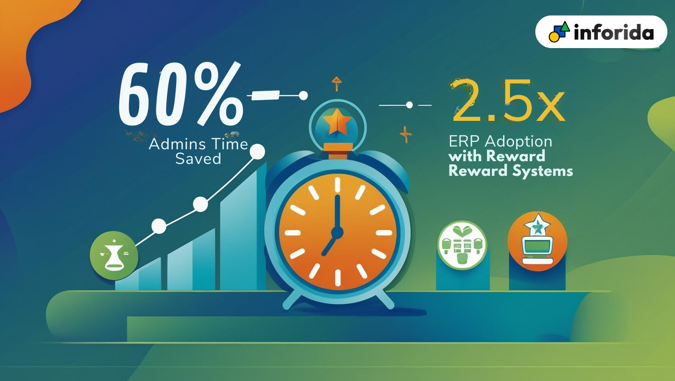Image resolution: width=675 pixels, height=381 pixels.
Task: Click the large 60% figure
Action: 181,94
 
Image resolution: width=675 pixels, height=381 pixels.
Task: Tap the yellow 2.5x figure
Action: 509,101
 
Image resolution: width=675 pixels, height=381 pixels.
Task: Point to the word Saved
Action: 198,158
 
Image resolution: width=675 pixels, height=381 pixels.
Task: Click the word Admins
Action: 177,144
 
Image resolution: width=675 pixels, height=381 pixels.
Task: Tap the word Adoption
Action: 519,142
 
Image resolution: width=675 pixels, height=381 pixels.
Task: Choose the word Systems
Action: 543,172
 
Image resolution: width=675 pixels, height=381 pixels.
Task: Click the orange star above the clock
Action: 337,121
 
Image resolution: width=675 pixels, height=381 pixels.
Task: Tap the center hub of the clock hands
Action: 337,232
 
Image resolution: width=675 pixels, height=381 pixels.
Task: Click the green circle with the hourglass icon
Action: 114,256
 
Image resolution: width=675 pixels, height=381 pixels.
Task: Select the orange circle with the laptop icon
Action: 537,241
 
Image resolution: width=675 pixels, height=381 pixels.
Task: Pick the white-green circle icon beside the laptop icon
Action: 462,245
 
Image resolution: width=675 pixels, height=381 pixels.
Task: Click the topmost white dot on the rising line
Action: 257,152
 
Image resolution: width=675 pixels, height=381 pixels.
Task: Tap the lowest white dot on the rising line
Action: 159,226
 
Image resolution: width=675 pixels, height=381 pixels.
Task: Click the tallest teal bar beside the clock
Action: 243,229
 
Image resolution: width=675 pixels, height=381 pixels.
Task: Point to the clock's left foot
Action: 292,299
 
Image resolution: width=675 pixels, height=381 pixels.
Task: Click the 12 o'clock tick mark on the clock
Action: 337,185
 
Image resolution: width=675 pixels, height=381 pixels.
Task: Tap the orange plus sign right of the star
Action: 406,134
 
